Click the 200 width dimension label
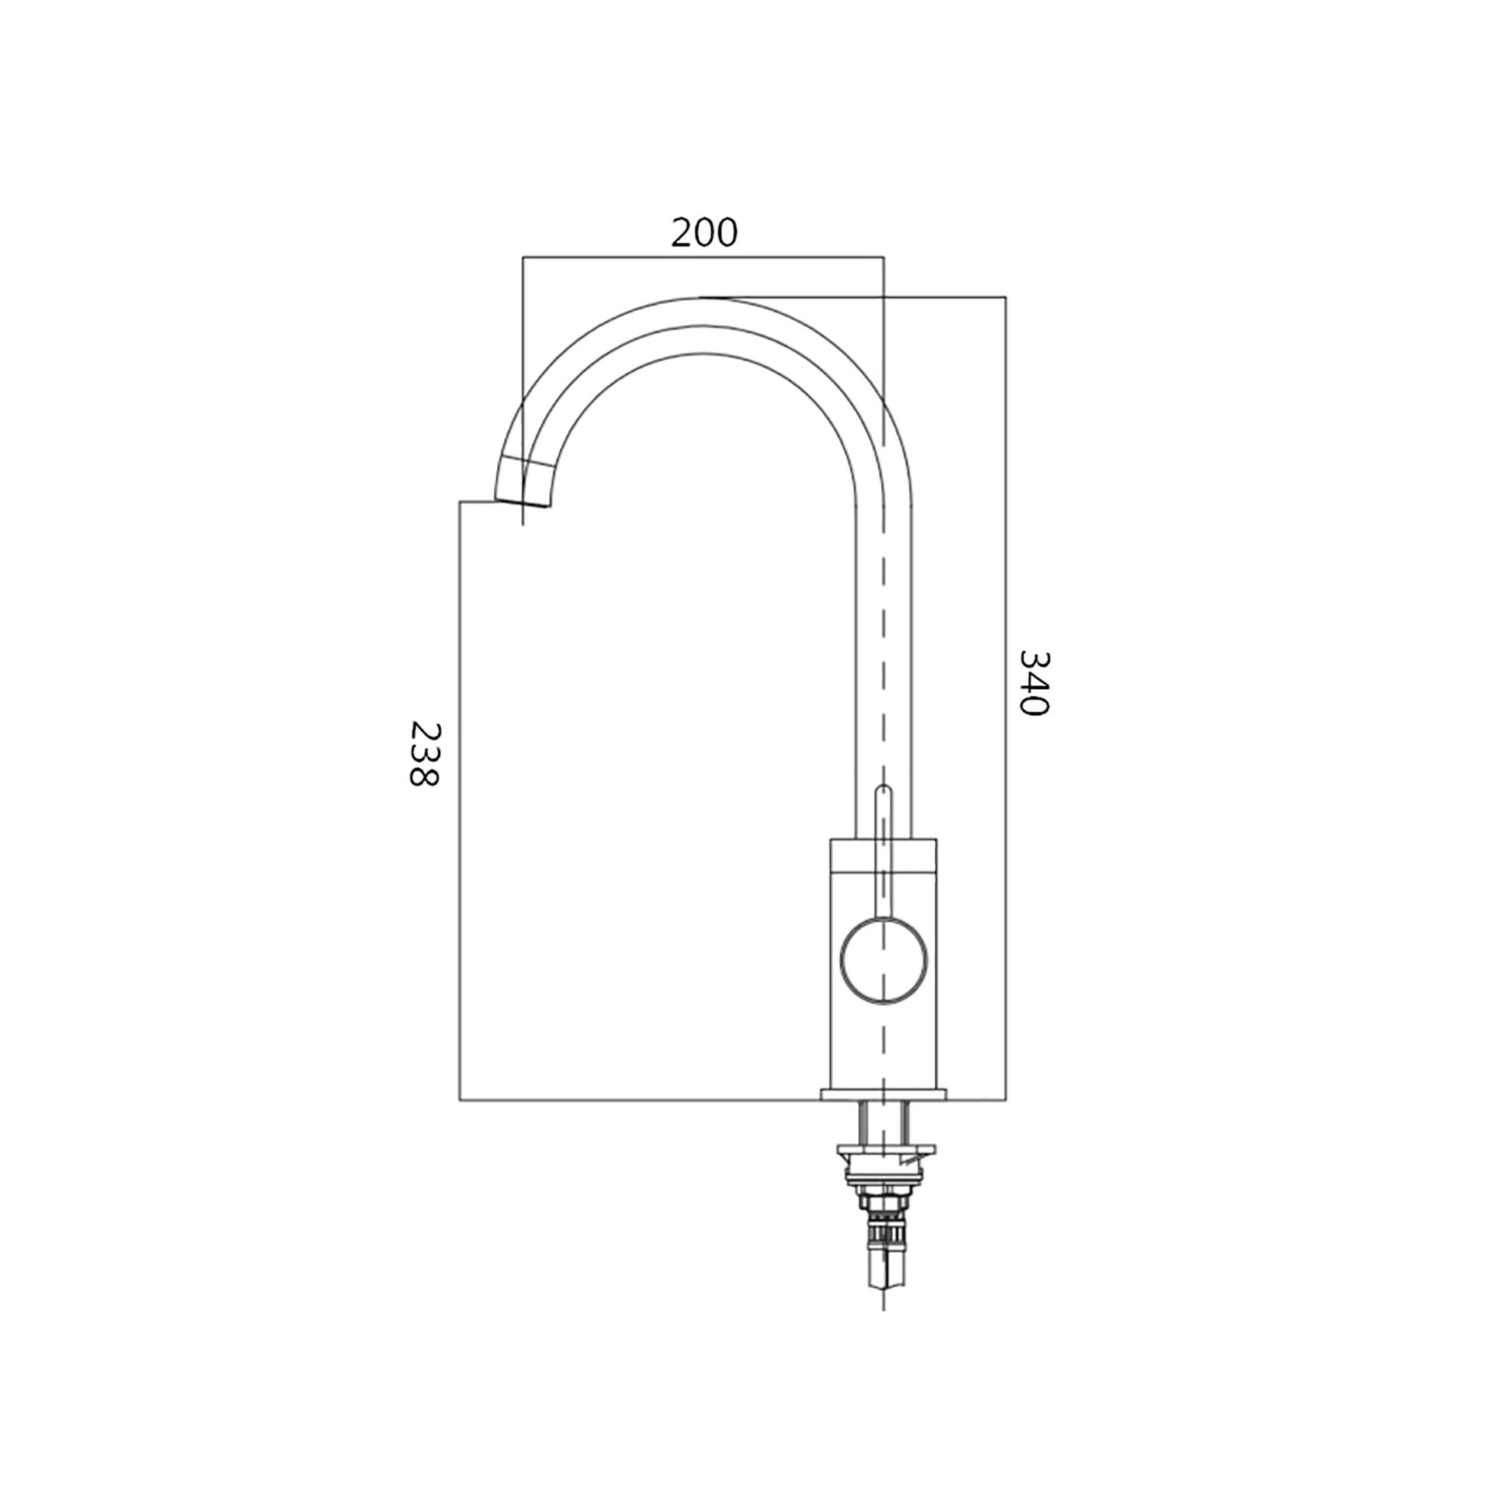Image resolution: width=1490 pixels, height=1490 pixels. pos(704,233)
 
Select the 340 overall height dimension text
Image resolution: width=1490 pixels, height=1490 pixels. pos(1034,683)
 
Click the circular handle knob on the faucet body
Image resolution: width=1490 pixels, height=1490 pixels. pos(884,960)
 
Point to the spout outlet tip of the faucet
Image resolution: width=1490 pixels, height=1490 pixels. pos(522,502)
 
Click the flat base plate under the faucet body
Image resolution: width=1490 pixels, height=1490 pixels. pos(884,1094)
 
